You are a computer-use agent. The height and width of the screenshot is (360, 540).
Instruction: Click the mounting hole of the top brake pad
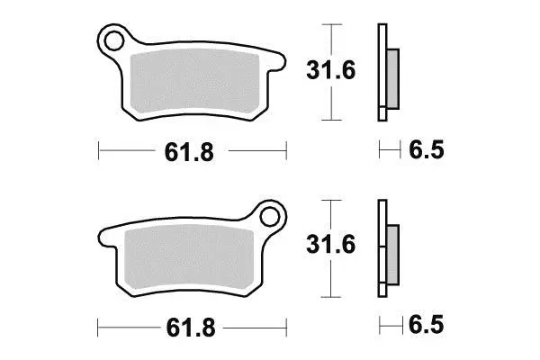pos(113,41)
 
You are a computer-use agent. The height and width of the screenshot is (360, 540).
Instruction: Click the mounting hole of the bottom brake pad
pos(270,217)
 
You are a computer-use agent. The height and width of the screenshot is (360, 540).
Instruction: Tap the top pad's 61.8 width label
pos(189,152)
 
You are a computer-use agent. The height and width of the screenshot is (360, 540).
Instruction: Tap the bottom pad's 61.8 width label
pos(191,328)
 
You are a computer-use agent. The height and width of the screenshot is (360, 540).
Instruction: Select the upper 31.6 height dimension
pos(330,70)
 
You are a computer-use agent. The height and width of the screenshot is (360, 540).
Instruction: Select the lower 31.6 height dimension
pos(330,244)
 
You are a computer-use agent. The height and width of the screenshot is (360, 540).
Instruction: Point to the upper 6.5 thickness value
pos(427,149)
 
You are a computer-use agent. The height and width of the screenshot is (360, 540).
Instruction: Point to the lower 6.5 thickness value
pos(427,325)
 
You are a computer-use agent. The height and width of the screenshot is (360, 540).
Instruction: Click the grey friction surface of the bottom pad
pos(189,256)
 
